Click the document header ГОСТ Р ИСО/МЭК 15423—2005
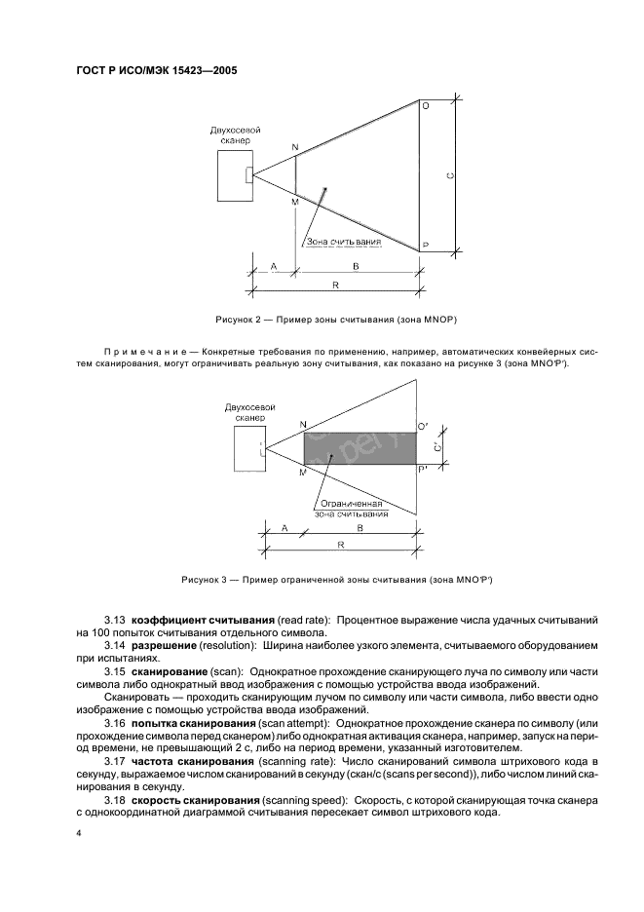pyautogui.click(x=157, y=71)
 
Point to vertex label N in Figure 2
pyautogui.click(x=295, y=147)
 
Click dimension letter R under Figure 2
pyautogui.click(x=335, y=285)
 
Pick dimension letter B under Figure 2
pyautogui.click(x=356, y=265)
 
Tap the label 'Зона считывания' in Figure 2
pyautogui.click(x=344, y=241)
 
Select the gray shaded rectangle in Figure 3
pyautogui.click(x=360, y=449)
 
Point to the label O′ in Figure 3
pyautogui.click(x=424, y=427)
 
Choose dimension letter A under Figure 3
pyautogui.click(x=284, y=527)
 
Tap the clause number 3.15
pyautogui.click(x=115, y=672)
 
